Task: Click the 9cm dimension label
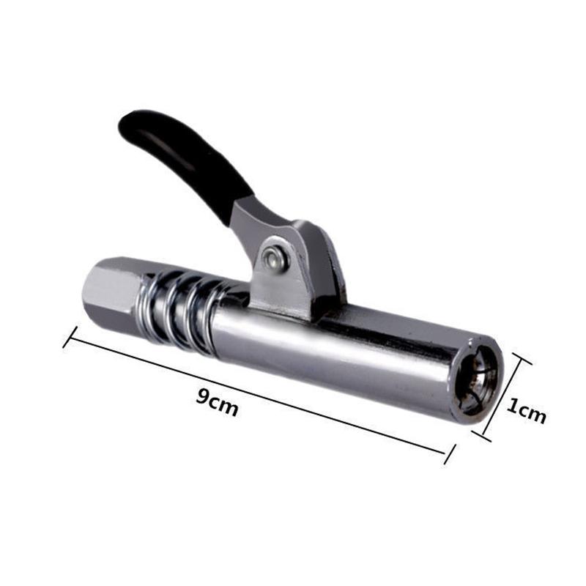[x=217, y=402]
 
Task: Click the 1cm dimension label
[x=526, y=411]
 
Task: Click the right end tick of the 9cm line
[x=450, y=454]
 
